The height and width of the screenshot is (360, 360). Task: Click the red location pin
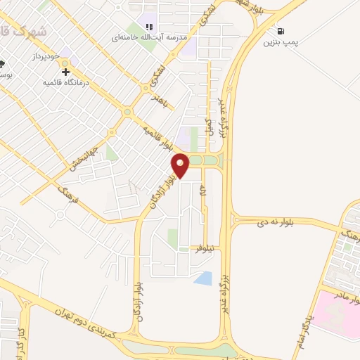(181, 165)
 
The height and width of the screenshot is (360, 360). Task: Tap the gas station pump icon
(281, 31)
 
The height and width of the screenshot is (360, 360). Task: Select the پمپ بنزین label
(281, 44)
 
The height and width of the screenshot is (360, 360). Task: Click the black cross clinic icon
(66, 71)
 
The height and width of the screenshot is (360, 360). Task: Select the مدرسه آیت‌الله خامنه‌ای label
(146, 37)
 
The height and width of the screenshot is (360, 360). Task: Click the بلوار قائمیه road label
(157, 137)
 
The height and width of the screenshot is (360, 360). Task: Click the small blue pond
(202, 278)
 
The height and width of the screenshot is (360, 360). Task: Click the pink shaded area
(336, 316)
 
